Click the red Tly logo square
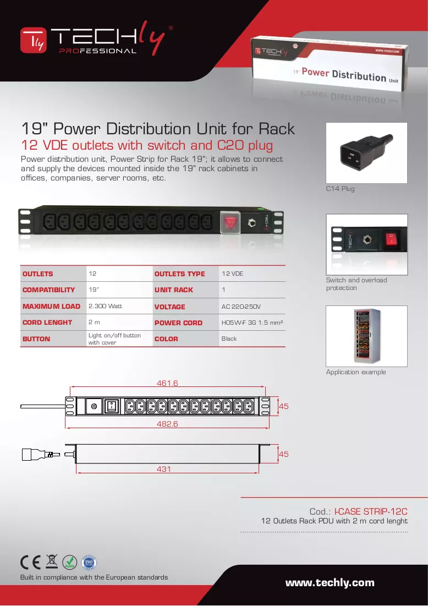34,40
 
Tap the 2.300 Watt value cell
105,306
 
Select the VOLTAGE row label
169,307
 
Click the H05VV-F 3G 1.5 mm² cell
252,323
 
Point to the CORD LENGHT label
47,323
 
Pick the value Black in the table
229,339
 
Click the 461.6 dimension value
167,383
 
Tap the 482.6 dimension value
167,424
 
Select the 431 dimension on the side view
164,469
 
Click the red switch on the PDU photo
230,223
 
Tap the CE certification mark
30,563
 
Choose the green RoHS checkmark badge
69,563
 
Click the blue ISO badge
89,563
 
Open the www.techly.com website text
330,582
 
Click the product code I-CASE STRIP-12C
371,511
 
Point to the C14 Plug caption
341,189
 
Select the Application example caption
356,372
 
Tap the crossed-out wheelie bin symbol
52,562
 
